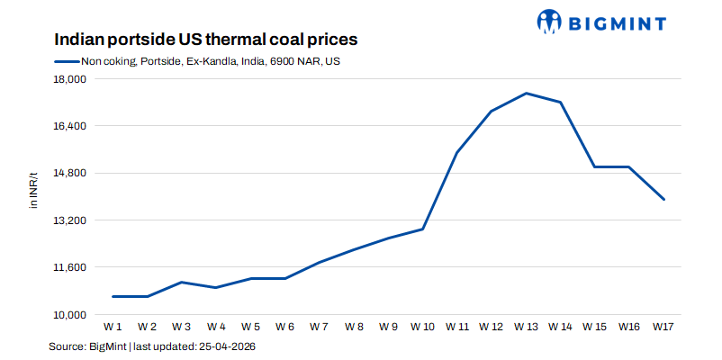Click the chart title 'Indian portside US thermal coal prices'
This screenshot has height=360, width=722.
click(205, 40)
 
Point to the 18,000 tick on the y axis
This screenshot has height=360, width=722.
click(68, 79)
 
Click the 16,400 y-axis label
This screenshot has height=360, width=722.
click(68, 126)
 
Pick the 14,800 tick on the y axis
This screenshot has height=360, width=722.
click(68, 173)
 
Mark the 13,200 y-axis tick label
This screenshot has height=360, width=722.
click(68, 220)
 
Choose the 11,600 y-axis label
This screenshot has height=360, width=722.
click(68, 267)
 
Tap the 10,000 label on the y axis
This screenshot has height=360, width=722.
click(68, 314)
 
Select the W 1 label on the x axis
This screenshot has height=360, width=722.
click(113, 326)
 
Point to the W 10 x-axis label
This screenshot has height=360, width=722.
click(421, 326)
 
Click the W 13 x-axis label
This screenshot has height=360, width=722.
click(526, 326)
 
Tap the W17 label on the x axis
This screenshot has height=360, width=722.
click(663, 326)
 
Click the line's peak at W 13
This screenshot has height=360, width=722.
click(526, 93)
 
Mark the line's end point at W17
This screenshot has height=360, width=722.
click(663, 199)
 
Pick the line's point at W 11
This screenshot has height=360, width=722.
click(456, 153)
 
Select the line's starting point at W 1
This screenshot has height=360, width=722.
click(113, 296)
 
